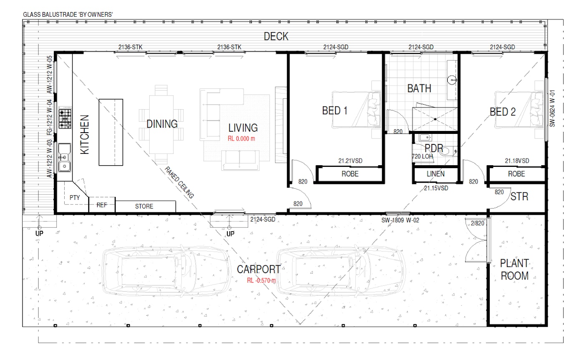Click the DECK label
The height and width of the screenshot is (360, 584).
pos(276,36)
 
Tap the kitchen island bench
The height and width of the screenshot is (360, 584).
pos(111,132)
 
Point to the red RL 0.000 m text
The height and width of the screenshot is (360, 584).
pos(242,138)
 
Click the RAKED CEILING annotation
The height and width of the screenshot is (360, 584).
pos(179,182)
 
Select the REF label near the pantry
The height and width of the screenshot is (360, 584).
pos(102,205)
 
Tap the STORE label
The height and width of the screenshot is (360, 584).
pos(144,206)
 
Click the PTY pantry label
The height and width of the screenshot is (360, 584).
pos(75,198)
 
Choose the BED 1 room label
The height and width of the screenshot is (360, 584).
pos(335,111)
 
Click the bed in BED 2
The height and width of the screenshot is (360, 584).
pos(519,109)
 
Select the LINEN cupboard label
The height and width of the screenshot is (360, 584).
pos(435,174)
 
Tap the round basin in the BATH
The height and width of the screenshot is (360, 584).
pos(452,80)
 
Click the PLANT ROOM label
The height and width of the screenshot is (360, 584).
pos(514,269)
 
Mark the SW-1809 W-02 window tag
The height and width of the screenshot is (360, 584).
pos(400,220)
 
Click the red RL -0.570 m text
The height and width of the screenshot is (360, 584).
pos(261,280)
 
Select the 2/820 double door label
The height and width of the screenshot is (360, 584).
pos(477,223)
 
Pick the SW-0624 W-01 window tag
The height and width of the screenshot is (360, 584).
pos(552,108)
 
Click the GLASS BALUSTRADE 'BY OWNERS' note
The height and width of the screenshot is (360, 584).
pos(68,15)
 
